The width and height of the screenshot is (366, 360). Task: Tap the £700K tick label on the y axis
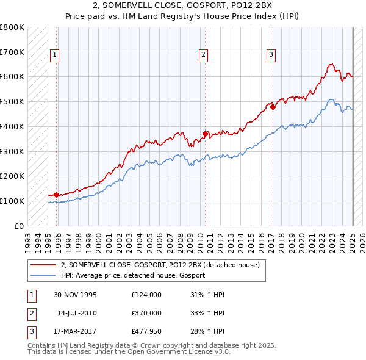pos(12,52)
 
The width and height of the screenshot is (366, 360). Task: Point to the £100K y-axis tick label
pos(12,201)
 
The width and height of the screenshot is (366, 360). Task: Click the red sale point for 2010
pos(206,134)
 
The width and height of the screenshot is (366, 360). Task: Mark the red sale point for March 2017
pos(273,107)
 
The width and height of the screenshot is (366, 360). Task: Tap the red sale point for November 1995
pos(57,195)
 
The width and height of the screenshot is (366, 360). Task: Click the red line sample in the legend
pos(43,265)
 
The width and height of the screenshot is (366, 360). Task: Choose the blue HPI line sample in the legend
pos(43,275)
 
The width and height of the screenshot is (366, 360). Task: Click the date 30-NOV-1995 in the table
pos(75,295)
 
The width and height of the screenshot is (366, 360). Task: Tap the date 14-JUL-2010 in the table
pos(76,312)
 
